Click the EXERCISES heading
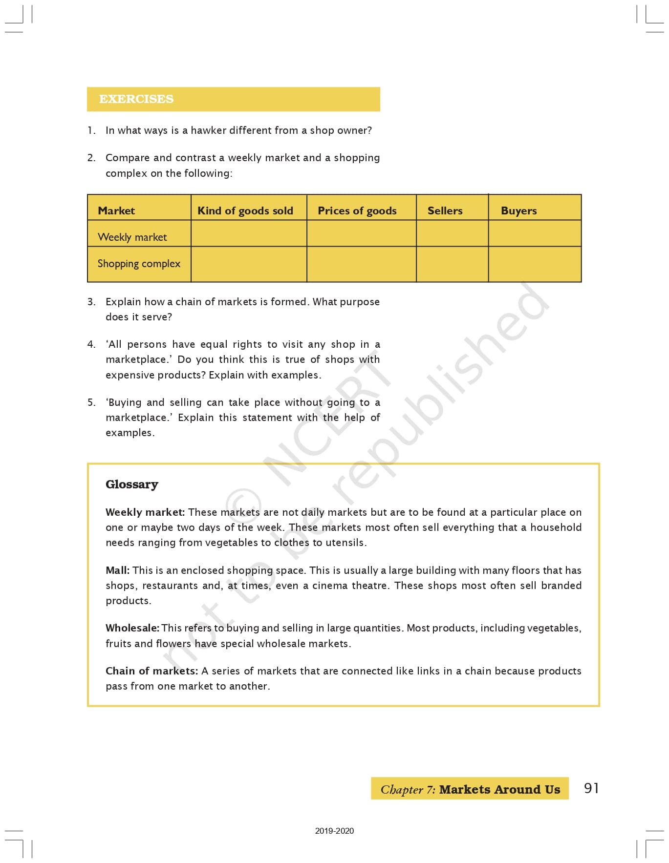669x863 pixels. pos(136,99)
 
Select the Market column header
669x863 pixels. pos(116,210)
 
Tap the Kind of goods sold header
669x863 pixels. pos(245,210)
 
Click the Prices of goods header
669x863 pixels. pos(357,210)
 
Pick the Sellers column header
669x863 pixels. pos(445,210)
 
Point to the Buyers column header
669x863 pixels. pos(518,210)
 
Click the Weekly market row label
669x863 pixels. pos(132,237)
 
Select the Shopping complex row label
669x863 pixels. pos(139,264)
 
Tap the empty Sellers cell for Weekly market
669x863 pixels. pos(452,233)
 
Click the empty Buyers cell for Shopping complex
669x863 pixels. pos(535,264)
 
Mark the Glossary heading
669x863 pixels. pos(132,484)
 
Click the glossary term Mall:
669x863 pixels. pos(117,570)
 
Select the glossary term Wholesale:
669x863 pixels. pos(132,628)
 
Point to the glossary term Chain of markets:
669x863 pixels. pos(151,671)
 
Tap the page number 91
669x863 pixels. pos(591,788)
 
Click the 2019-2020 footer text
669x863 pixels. pos(334,831)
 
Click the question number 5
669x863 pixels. pos(91,402)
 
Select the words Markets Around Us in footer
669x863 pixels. pos(499,789)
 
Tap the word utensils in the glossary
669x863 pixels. pos(346,543)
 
